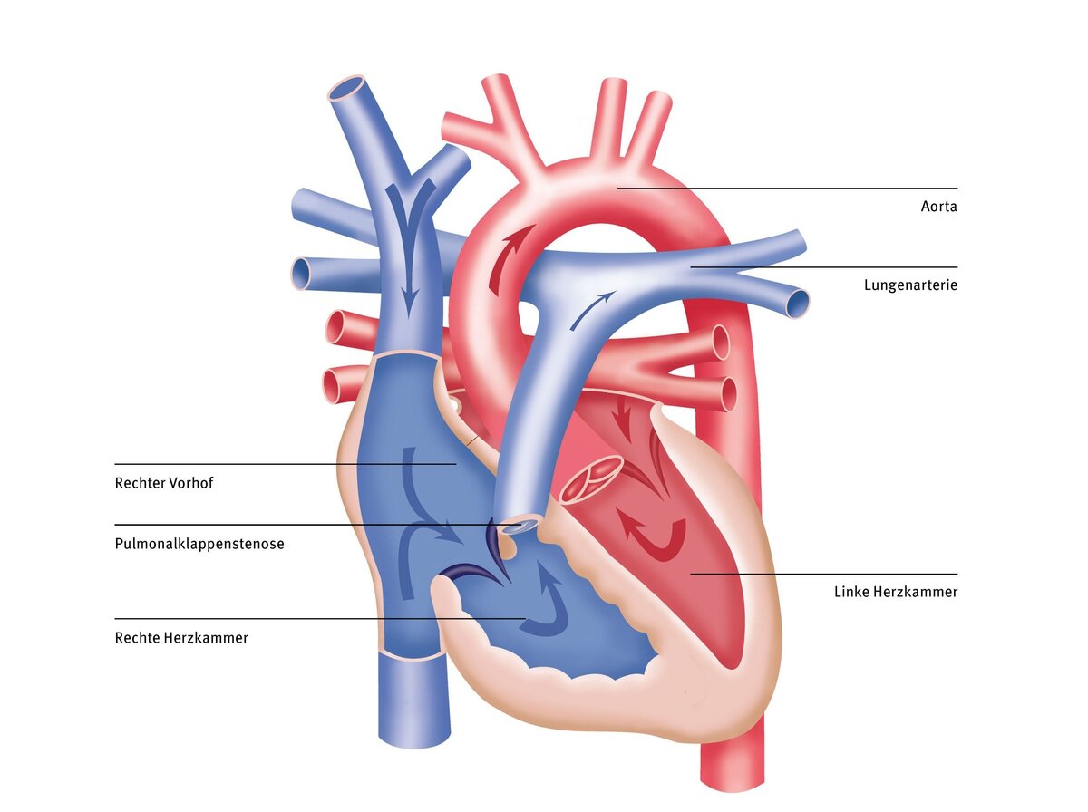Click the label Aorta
938,206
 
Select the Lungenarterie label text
910,285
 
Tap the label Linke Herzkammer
896,592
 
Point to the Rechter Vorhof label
164,482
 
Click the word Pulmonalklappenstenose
199,544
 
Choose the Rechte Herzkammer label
181,637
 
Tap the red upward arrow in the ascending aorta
510,260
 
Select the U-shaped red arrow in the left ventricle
654,539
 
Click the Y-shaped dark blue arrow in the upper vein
409,237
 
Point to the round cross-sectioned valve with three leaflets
591,479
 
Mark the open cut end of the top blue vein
347,88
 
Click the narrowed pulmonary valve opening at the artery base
519,527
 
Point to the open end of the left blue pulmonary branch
300,273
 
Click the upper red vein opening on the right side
720,343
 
